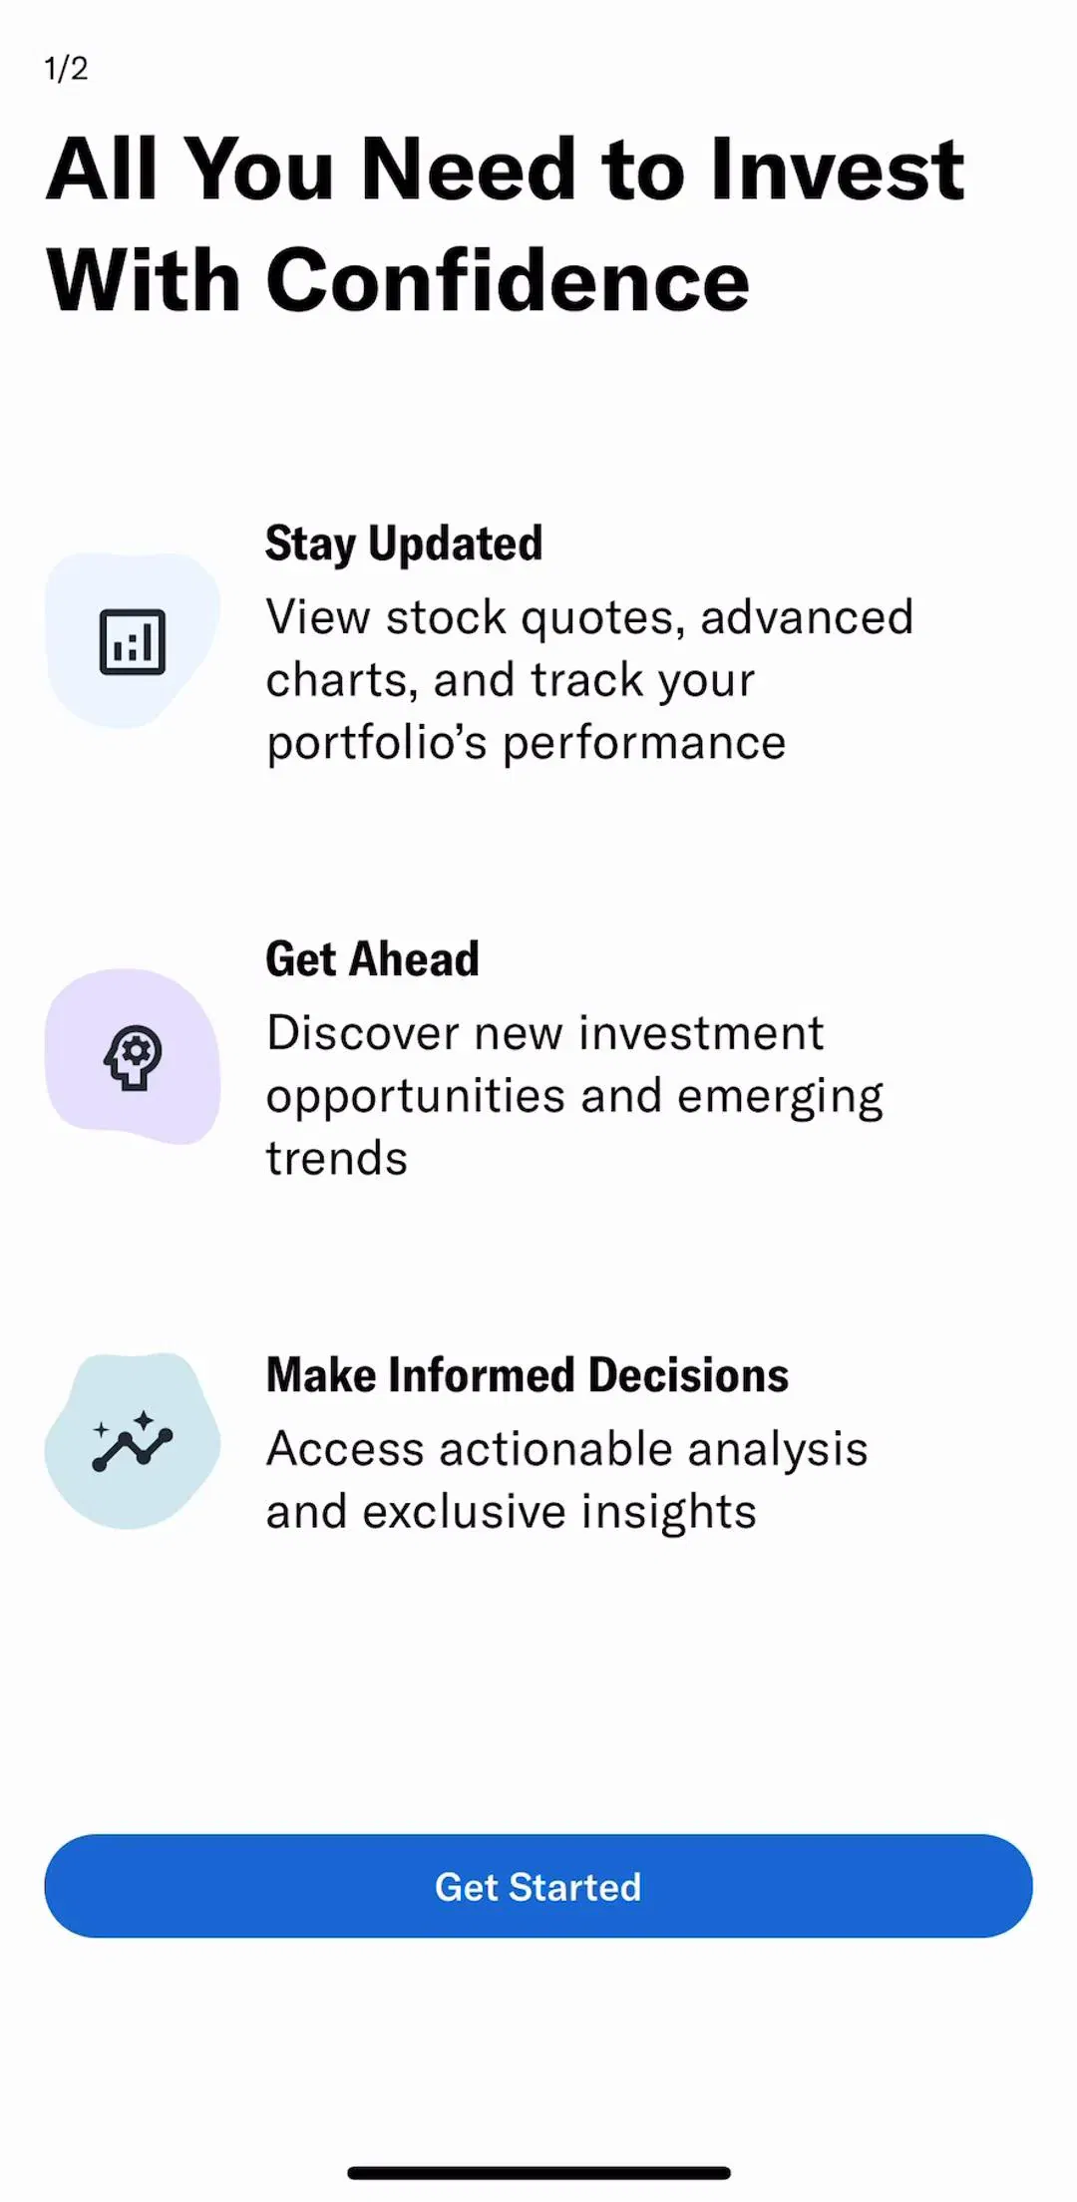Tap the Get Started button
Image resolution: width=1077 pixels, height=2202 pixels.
(x=538, y=1886)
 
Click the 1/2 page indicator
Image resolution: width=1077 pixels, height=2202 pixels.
(x=66, y=68)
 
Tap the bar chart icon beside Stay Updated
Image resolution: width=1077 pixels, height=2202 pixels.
(x=133, y=641)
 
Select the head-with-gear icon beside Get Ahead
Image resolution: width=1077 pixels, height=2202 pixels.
(x=133, y=1057)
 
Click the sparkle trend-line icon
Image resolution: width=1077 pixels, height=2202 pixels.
(x=133, y=1441)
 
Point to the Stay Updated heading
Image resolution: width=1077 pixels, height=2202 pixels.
(x=404, y=545)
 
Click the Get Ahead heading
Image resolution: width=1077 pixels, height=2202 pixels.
(x=372, y=959)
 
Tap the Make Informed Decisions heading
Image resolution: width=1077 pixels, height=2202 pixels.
(x=528, y=1375)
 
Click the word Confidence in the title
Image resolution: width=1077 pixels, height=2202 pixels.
(x=508, y=280)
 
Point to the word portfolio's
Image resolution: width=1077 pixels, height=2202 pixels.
(x=376, y=744)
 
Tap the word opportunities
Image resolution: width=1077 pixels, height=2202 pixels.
(x=416, y=1097)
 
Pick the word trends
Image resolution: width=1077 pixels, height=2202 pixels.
(x=337, y=1159)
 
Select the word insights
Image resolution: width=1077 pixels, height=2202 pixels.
(x=669, y=1513)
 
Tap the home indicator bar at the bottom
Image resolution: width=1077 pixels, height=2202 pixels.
(x=538, y=2172)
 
